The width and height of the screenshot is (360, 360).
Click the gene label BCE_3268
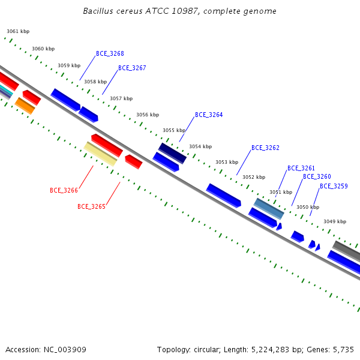tap(110, 54)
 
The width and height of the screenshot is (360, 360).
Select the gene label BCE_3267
tap(132, 68)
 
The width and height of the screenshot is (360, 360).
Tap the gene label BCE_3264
tap(209, 115)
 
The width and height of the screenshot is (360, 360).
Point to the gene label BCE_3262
tap(265, 148)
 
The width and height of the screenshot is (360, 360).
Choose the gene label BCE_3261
tap(301, 168)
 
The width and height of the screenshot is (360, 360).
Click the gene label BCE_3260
tap(317, 176)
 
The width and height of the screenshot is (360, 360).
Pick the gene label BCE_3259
tap(334, 186)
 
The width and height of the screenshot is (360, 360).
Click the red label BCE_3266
tap(64, 190)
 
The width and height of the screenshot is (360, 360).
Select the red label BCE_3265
tap(91, 206)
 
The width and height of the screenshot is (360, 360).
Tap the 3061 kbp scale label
tap(18, 31)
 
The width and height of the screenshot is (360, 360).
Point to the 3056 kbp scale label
tap(148, 115)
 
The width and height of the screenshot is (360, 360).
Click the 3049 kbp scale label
tap(335, 221)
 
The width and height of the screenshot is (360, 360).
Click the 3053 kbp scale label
tap(227, 162)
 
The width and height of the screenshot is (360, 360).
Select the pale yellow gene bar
tap(100, 154)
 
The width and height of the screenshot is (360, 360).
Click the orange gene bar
tap(25, 106)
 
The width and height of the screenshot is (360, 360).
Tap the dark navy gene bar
tap(172, 154)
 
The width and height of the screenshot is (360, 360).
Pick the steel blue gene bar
tap(269, 209)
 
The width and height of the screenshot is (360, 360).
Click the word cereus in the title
tap(129, 11)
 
